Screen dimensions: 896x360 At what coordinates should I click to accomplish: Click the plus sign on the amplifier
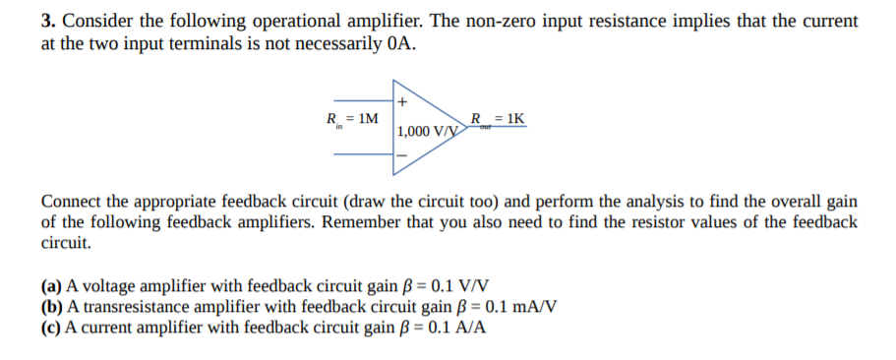click(401, 100)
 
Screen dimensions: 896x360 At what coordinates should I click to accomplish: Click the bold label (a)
click(52, 286)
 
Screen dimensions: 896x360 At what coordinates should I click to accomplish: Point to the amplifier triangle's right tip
click(465, 128)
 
